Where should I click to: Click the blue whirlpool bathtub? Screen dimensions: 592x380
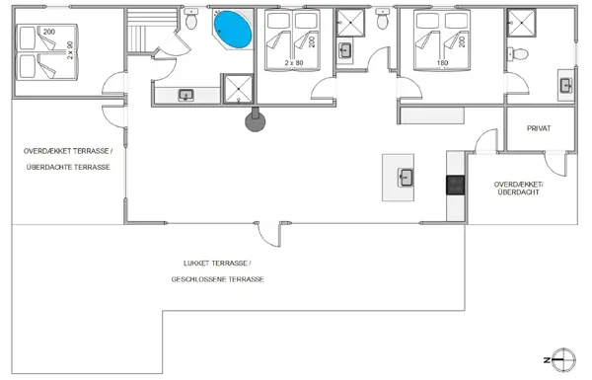[233, 30]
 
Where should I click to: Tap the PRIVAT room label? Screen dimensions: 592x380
[539, 128]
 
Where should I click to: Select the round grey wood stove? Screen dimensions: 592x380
[256, 120]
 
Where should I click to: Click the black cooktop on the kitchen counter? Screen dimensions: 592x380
[455, 186]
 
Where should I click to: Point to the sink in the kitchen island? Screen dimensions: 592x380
[406, 178]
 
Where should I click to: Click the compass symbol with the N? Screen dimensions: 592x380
[561, 360]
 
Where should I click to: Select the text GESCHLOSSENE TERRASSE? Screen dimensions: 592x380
[217, 279]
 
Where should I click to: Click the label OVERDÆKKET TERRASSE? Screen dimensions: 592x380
[68, 151]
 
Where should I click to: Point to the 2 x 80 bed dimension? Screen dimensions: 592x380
[294, 63]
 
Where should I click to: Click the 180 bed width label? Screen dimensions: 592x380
[442, 63]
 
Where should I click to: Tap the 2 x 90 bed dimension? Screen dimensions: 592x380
[70, 50]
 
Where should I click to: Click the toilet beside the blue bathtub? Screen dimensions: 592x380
[191, 20]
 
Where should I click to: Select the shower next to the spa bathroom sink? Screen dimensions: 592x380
[238, 89]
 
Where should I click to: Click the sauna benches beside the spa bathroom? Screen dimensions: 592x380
[152, 31]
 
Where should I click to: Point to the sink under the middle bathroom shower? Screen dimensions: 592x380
[344, 50]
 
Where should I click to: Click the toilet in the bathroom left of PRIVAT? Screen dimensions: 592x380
[518, 54]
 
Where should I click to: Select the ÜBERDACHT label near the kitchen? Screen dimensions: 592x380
[519, 192]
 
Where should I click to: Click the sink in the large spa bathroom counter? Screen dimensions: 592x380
[185, 95]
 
